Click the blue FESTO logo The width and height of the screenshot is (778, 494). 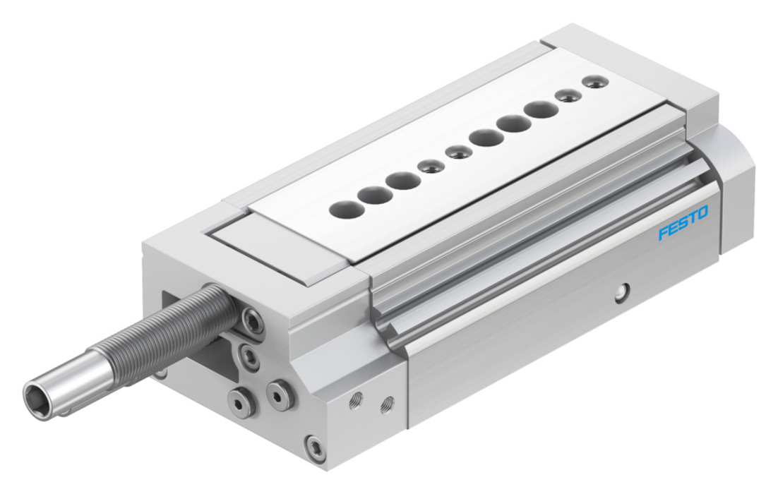coord(683,223)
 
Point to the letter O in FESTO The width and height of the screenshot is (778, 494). coord(702,213)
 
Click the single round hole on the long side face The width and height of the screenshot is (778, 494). coord(622,292)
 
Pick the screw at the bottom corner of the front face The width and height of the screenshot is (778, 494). coord(316,450)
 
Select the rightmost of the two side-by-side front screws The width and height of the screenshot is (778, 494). coord(280,394)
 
